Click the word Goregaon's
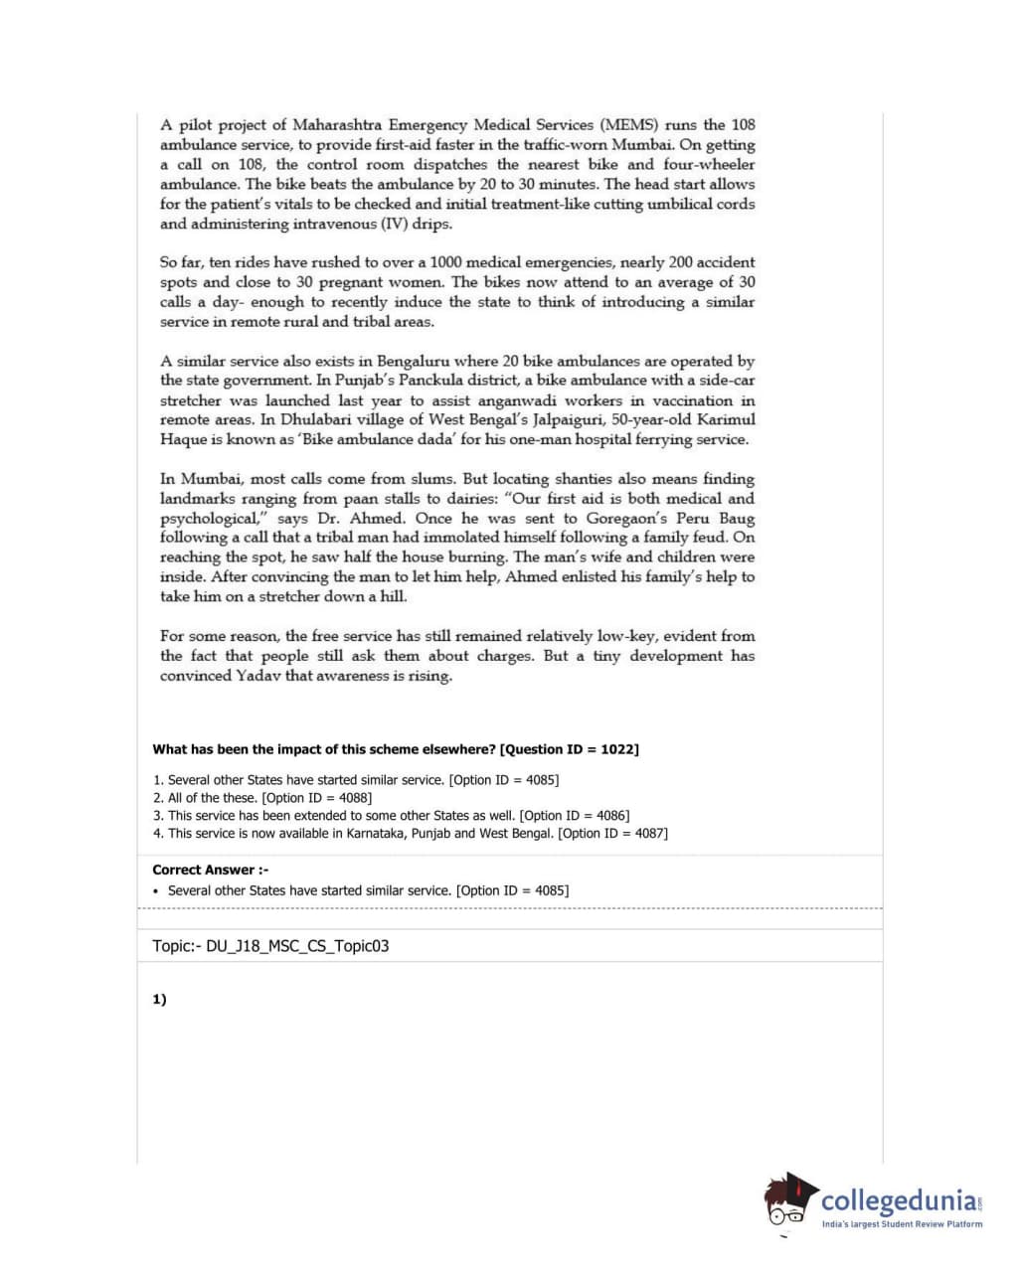(x=627, y=518)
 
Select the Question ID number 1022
(x=616, y=749)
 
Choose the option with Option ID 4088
(x=262, y=798)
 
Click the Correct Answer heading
(x=210, y=870)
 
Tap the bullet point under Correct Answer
(x=156, y=891)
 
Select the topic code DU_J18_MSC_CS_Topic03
(x=297, y=946)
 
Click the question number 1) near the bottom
(x=159, y=1000)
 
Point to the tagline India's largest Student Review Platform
(x=901, y=1224)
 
